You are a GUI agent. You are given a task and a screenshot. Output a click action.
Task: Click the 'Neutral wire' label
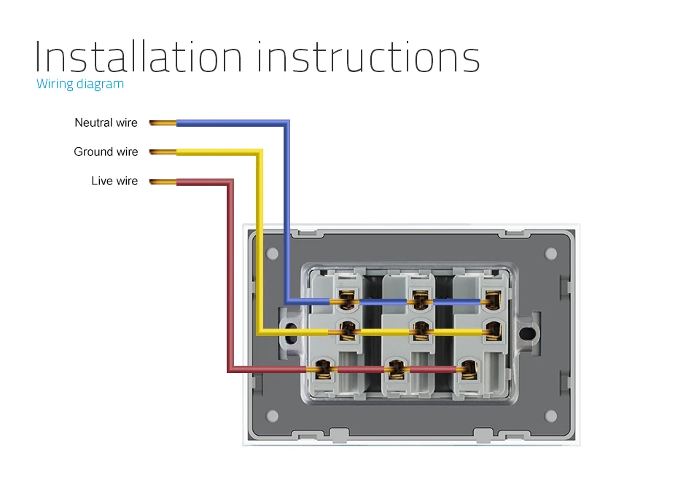(x=106, y=122)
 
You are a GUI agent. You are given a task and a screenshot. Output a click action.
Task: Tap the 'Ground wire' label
(x=106, y=152)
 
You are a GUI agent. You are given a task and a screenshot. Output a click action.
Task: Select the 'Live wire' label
(x=114, y=181)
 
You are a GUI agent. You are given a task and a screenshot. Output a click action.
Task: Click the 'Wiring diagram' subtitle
(x=80, y=84)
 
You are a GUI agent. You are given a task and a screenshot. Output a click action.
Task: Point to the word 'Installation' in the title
(x=139, y=57)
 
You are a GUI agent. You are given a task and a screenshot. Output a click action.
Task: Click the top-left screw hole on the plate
(x=273, y=254)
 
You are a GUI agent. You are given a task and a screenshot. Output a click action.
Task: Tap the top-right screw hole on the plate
(x=550, y=254)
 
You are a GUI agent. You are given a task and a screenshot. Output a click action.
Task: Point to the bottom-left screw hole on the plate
(x=273, y=415)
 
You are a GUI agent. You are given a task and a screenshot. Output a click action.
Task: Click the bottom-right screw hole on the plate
(x=550, y=415)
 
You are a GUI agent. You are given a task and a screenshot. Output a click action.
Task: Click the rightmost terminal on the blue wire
(x=494, y=298)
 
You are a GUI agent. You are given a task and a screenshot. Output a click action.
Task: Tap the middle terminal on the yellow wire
(x=419, y=332)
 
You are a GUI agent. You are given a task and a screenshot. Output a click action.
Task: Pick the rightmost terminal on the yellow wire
(x=494, y=332)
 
